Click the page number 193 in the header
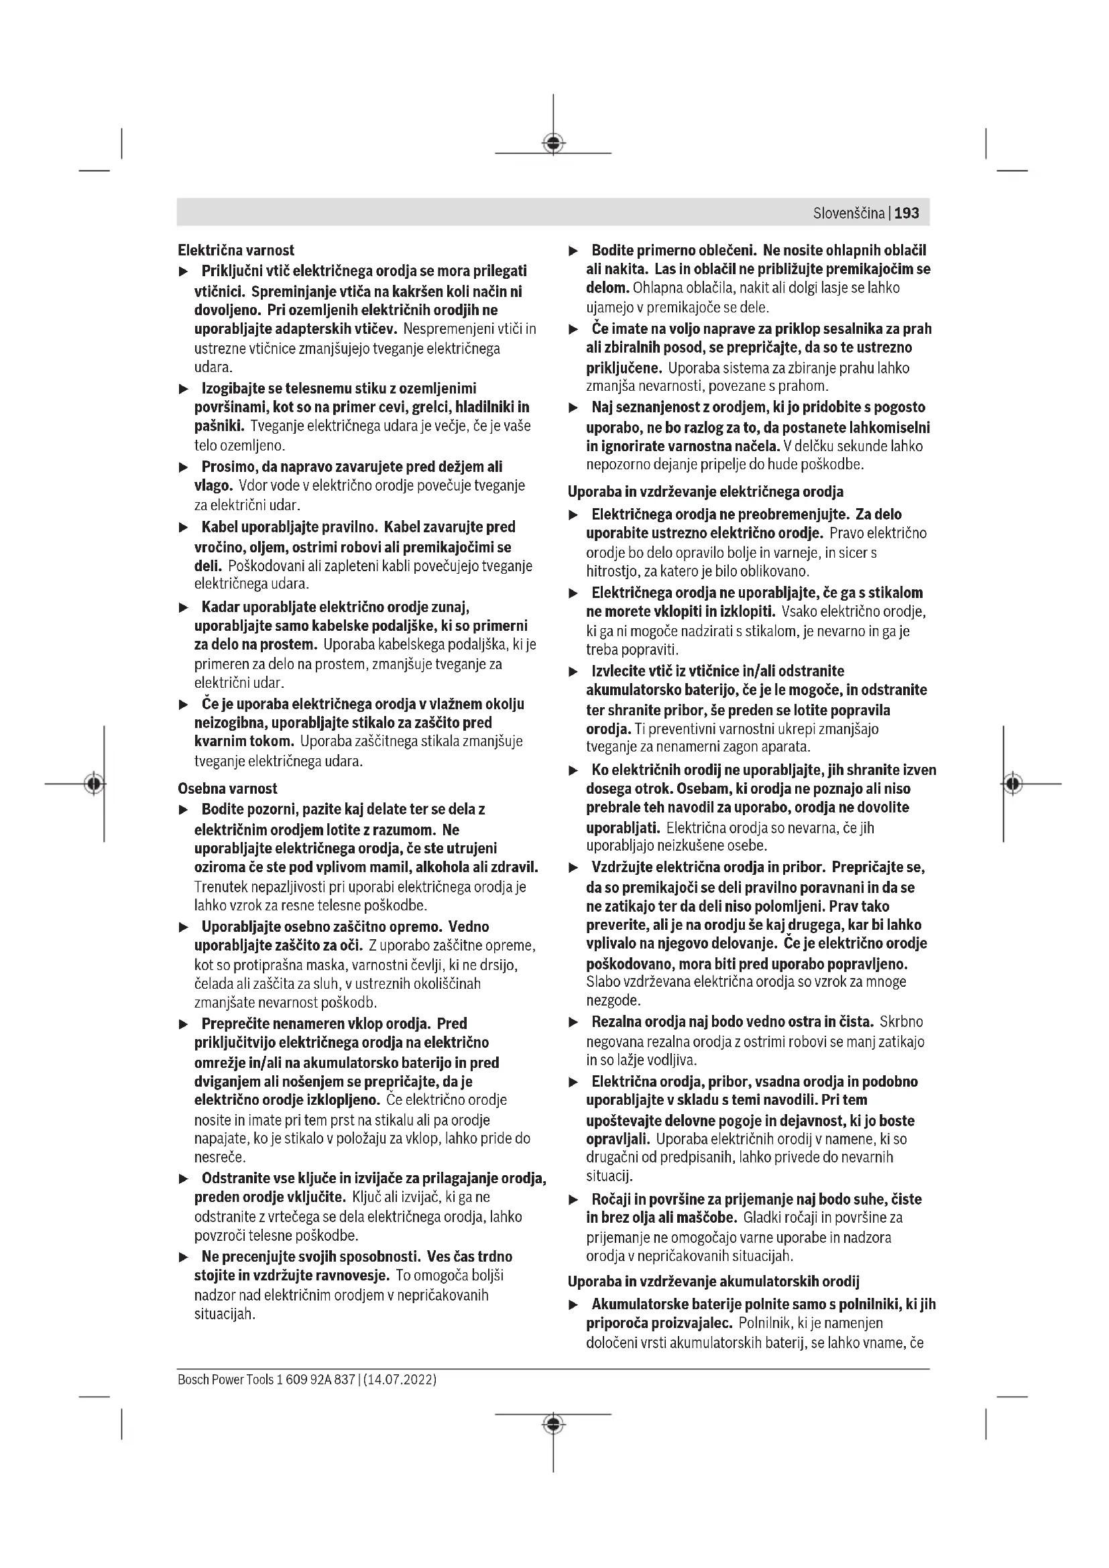[907, 213]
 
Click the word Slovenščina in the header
[849, 213]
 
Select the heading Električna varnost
[235, 250]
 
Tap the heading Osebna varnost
[227, 788]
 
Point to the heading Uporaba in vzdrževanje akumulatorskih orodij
[713, 1281]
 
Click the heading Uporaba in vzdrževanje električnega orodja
[705, 491]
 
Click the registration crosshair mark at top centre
[553, 143]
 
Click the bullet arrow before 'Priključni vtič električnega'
[183, 272]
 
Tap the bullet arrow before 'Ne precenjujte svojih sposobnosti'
[183, 1257]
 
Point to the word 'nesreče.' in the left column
[220, 1158]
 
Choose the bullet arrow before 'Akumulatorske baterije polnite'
[574, 1305]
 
